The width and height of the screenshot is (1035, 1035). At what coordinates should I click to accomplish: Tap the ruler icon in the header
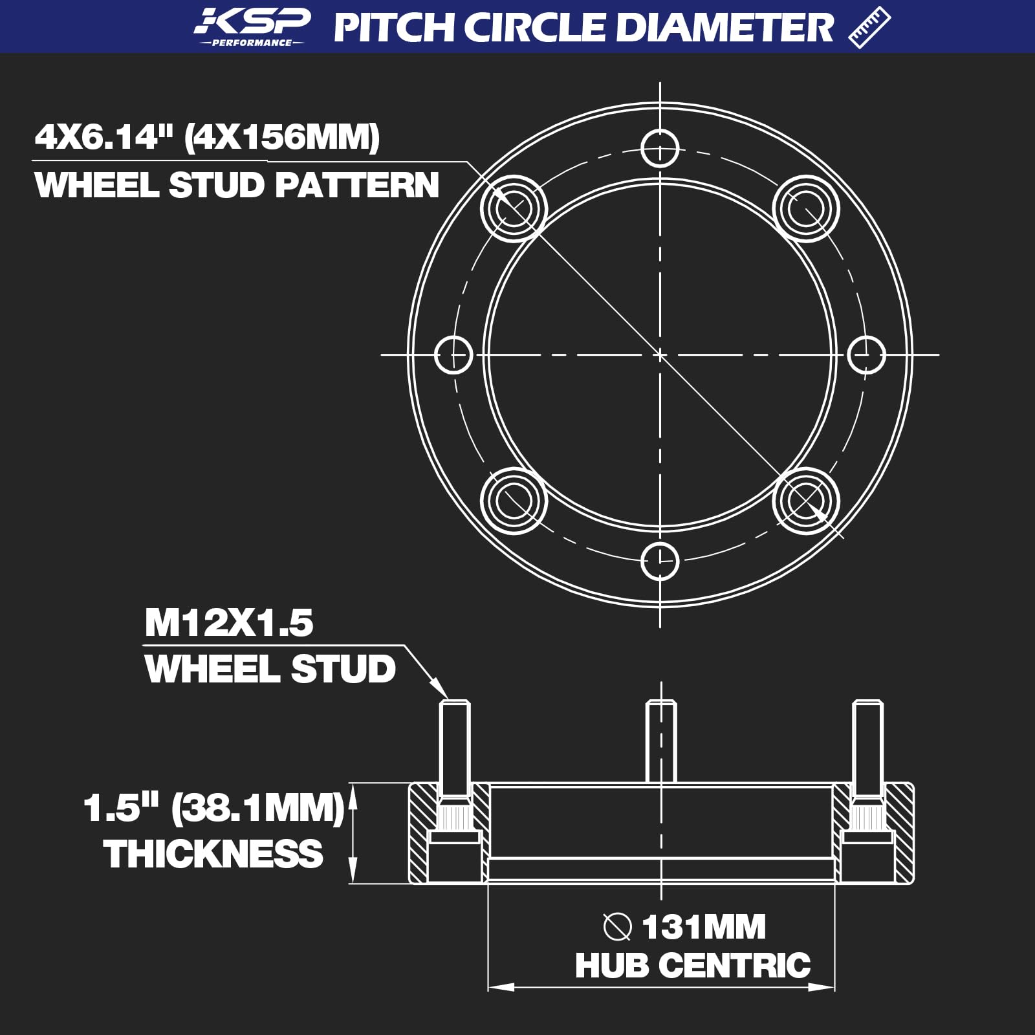tap(869, 27)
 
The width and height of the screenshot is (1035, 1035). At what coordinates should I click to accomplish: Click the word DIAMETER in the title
tap(730, 27)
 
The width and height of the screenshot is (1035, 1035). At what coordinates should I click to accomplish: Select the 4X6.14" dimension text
tap(104, 137)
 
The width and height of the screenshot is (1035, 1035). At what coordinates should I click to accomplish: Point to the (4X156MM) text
tap(282, 137)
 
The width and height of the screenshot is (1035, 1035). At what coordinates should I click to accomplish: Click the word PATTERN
tap(357, 185)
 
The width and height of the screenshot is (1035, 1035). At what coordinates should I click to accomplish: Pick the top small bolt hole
tap(660, 148)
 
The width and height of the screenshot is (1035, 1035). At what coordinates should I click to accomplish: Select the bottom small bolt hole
tap(660, 561)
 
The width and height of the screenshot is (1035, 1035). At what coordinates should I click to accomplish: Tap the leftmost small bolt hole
tap(453, 354)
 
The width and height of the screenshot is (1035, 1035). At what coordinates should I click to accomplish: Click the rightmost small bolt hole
tap(866, 354)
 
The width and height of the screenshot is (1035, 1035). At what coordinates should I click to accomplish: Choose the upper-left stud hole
tap(514, 208)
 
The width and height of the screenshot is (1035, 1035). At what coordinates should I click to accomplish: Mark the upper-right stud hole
tap(806, 208)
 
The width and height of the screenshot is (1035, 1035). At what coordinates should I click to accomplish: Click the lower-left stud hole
tap(514, 501)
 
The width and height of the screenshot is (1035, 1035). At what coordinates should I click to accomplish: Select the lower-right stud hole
tap(806, 501)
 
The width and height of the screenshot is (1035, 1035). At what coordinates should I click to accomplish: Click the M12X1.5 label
tap(229, 623)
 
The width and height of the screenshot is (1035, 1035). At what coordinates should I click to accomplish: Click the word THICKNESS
tap(213, 854)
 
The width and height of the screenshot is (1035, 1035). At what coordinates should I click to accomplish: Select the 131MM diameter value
tap(704, 926)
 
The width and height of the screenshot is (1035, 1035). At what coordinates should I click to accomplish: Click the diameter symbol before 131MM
tap(617, 926)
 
